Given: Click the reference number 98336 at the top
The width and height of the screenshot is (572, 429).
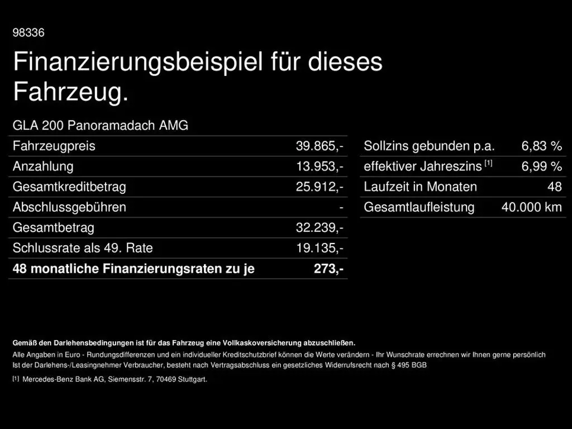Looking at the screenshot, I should [x=28, y=33].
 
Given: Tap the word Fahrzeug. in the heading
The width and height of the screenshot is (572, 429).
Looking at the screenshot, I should [x=70, y=92].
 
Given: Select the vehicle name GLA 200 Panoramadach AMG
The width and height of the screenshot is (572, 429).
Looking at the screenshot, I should [x=101, y=126].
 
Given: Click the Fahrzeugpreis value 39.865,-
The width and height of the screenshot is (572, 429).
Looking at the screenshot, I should [x=320, y=146].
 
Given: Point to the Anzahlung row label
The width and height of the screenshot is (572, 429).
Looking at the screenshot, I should [x=43, y=166].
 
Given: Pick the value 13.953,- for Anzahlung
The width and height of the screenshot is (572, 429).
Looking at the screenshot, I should [x=320, y=166].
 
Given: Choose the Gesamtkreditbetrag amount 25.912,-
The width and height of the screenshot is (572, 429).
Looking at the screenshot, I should [x=320, y=187].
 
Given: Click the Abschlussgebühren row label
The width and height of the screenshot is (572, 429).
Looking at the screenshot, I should [x=69, y=207].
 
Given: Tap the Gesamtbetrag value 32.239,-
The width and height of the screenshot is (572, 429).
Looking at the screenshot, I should [x=320, y=228].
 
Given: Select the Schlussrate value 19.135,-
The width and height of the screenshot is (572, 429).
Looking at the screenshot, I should [x=320, y=248].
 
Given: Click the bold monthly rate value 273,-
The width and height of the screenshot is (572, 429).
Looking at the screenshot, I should [x=328, y=269].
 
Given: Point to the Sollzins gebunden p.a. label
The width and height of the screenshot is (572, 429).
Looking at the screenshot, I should [x=429, y=146].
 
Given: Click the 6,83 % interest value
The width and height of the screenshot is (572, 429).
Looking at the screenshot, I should [x=541, y=146].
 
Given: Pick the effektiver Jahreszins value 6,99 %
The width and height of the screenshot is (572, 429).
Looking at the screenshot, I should [x=541, y=166].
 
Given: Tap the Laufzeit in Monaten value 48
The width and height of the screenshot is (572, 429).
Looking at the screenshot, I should [x=554, y=187].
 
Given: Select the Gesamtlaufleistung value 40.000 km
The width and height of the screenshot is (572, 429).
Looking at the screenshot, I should [x=531, y=207].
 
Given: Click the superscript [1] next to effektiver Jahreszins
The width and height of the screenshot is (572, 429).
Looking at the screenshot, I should [x=488, y=163].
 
